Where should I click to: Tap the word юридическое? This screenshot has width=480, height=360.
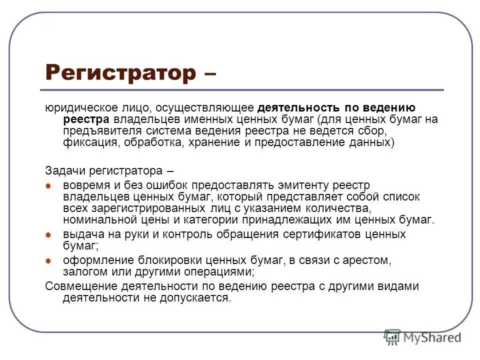pyautogui.click(x=74, y=108)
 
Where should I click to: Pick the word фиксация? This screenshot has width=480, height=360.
pyautogui.click(x=85, y=142)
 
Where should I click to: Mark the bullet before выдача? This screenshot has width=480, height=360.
pyautogui.click(x=48, y=234)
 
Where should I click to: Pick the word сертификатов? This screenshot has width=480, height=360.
pyautogui.click(x=315, y=234)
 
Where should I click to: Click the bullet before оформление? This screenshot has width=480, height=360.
pyautogui.click(x=48, y=261)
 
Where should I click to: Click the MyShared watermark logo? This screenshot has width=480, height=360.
pyautogui.click(x=422, y=337)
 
